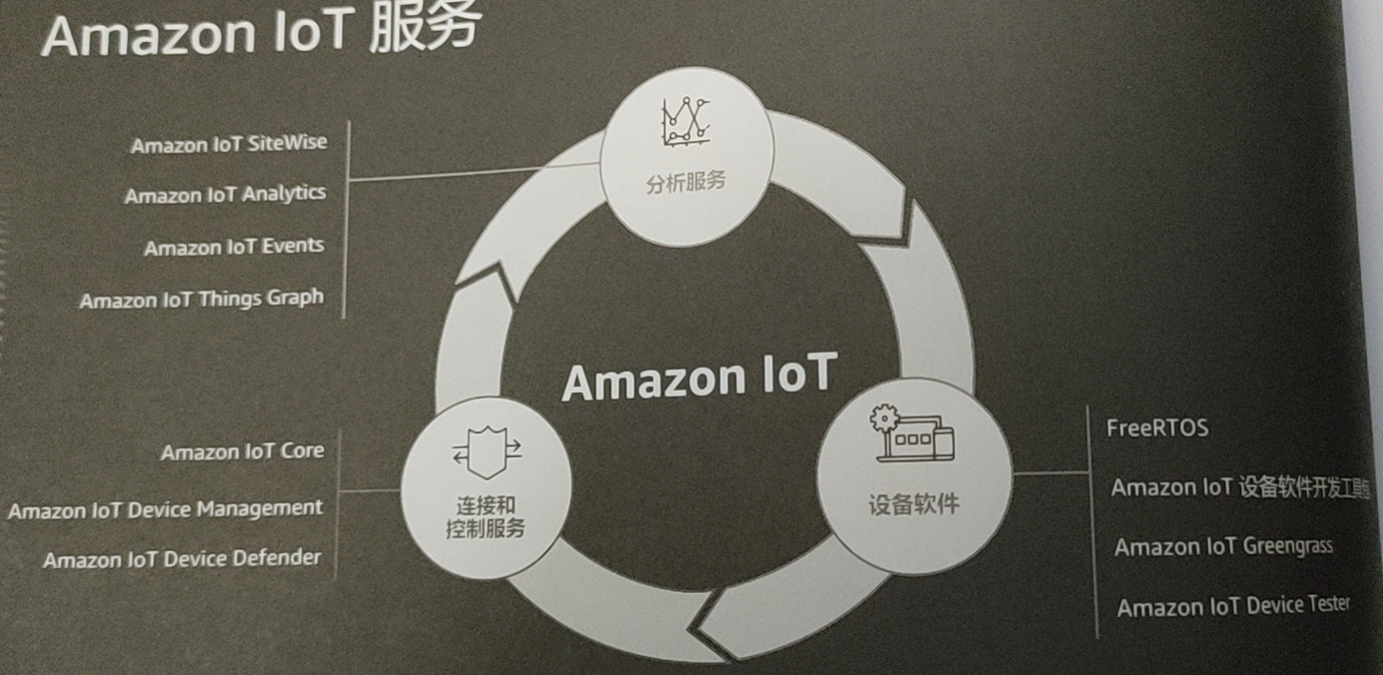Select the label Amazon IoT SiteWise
(229, 144)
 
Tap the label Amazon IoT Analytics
(225, 194)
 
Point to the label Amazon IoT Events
(234, 247)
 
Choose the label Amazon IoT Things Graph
(202, 299)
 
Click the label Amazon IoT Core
(242, 451)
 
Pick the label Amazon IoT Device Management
(166, 509)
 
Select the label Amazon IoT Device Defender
(182, 559)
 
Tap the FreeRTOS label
(1157, 428)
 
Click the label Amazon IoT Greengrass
(1224, 546)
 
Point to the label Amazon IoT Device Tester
(1233, 606)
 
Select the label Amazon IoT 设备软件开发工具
(1239, 487)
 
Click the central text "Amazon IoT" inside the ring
(699, 378)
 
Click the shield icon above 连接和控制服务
(486, 452)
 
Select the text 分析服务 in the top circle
(685, 181)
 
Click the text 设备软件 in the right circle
(912, 503)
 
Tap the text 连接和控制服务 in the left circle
(485, 517)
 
